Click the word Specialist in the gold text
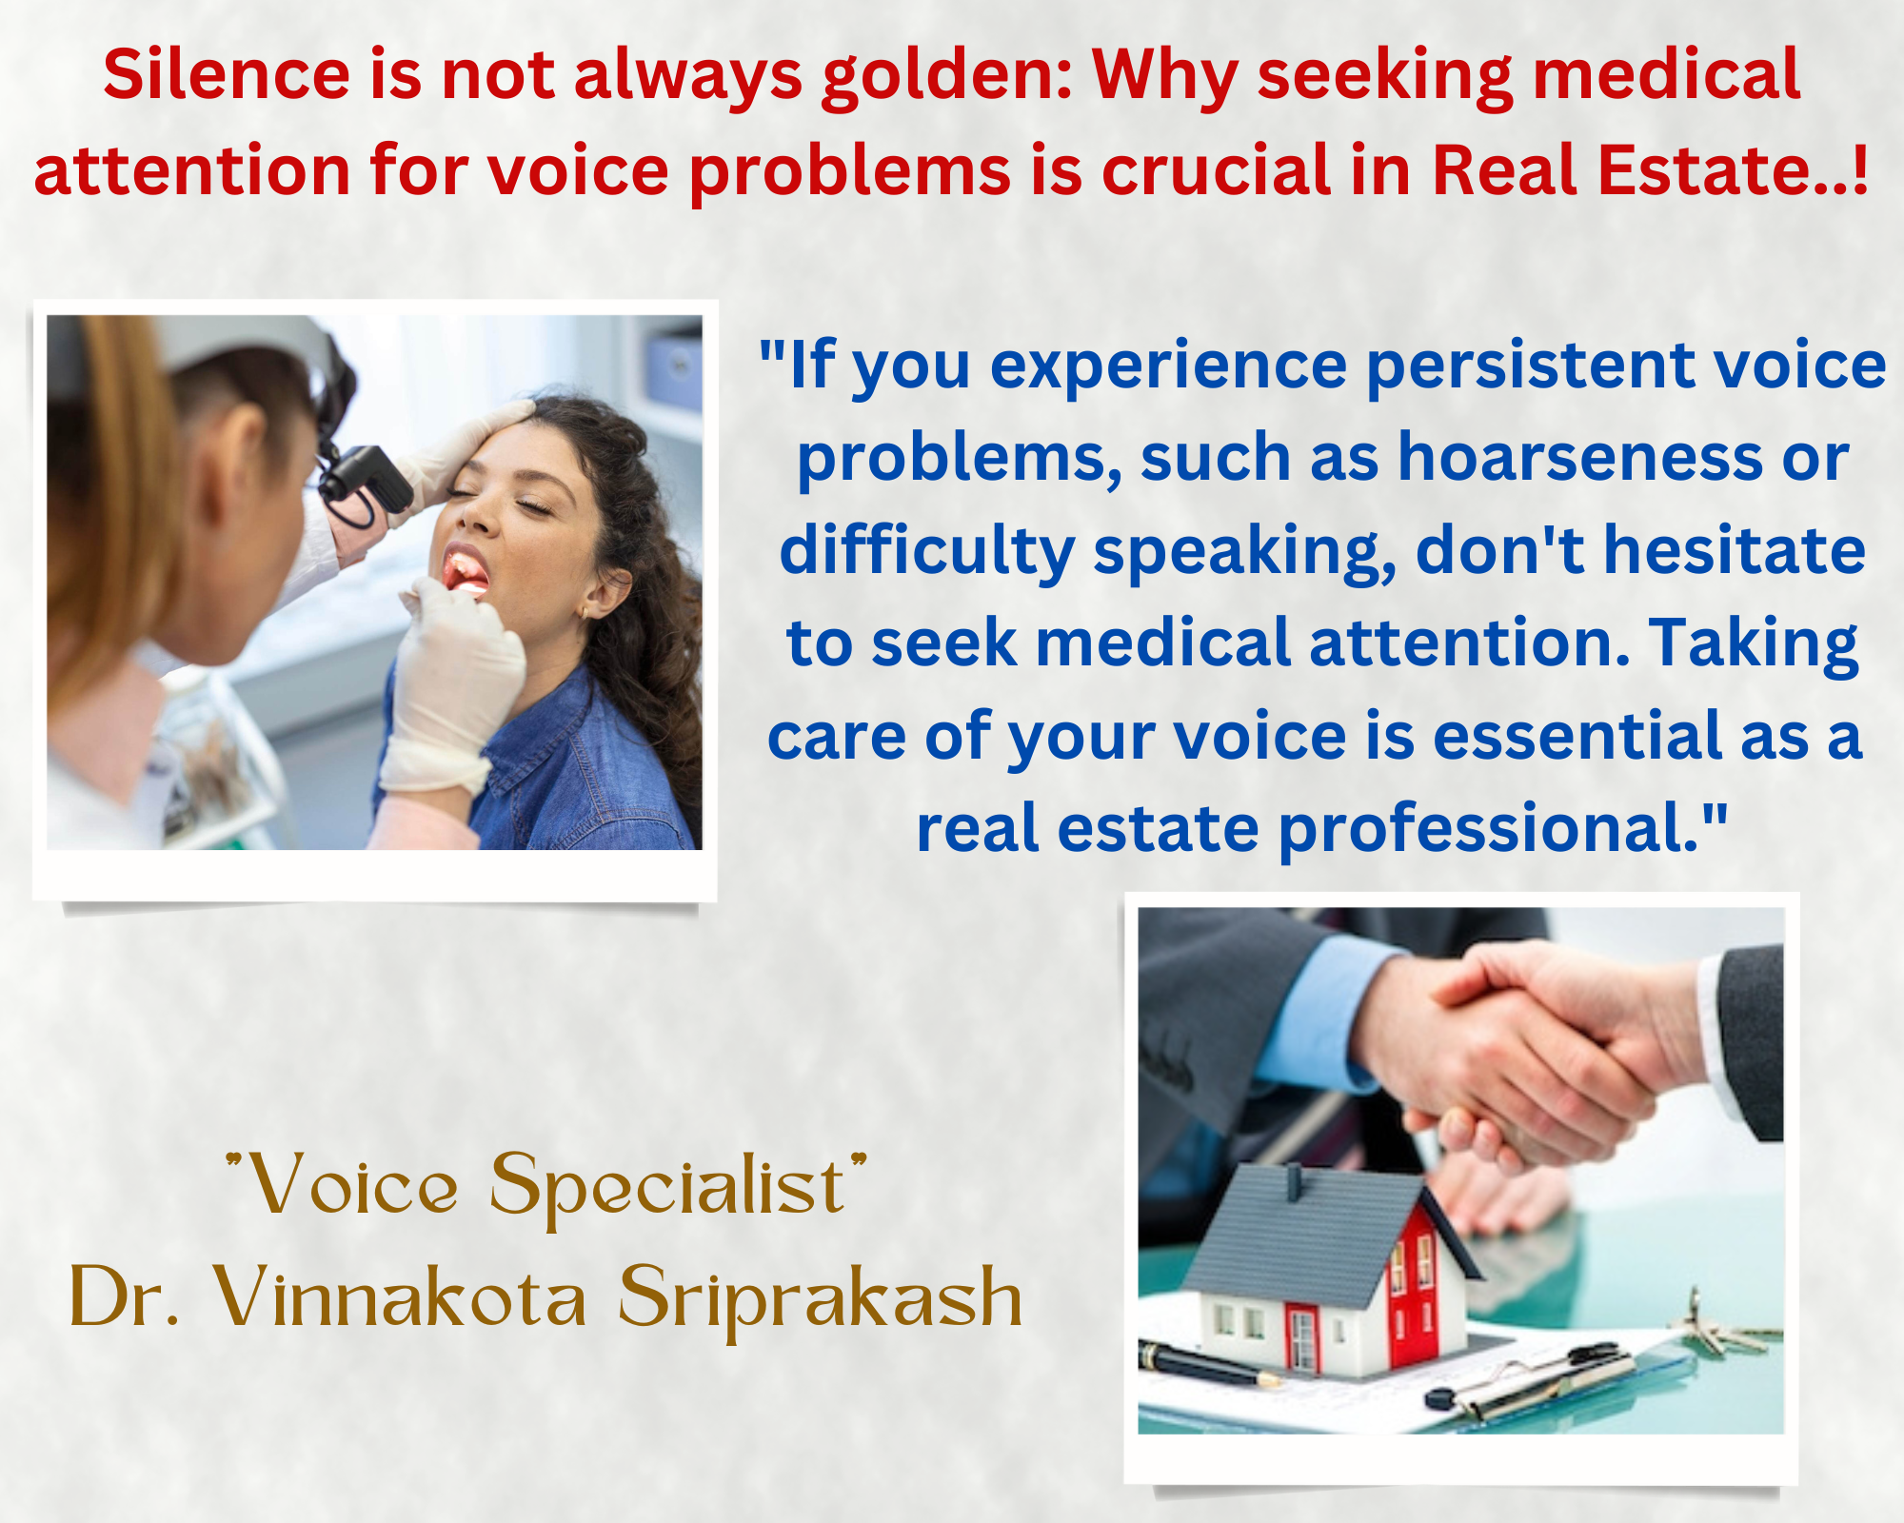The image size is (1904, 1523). click(666, 1188)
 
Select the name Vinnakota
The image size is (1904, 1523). click(400, 1296)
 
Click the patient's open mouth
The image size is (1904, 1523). click(466, 571)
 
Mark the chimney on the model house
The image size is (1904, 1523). click(1294, 1181)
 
